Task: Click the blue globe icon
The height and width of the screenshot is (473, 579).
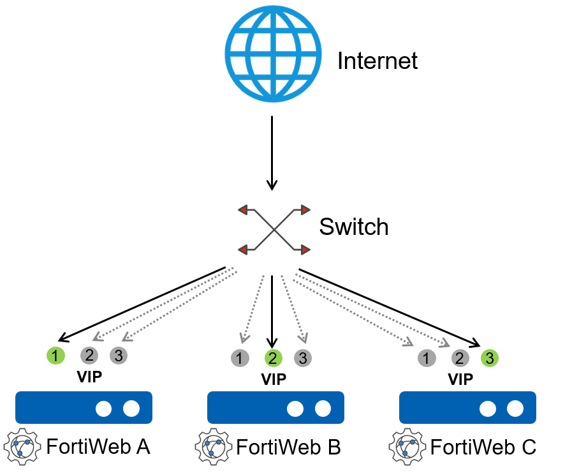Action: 273,54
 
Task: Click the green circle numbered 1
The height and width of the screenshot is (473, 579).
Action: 56,356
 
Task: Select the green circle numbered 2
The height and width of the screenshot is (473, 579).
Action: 273,358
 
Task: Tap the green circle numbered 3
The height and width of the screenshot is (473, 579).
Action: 490,358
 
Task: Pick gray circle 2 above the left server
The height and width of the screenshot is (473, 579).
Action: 89,356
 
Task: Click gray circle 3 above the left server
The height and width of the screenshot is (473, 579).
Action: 119,356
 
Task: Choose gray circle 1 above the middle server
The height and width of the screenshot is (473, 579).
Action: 240,358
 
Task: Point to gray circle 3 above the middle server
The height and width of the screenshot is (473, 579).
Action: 303,358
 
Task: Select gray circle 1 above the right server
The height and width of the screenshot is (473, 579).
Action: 427,358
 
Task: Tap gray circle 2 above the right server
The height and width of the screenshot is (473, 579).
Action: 459,358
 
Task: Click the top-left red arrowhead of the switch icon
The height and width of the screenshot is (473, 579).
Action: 243,210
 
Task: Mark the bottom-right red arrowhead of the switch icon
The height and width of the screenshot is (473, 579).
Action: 305,250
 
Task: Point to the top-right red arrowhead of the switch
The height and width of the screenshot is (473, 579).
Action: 305,210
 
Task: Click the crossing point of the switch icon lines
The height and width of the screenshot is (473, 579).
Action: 274,230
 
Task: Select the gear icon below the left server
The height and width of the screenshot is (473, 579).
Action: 22,446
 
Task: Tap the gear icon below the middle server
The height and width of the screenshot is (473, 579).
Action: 214,446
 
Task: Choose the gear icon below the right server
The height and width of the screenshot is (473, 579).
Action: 407,446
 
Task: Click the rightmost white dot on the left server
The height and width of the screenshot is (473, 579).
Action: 131,409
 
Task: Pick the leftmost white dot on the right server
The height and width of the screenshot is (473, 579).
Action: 488,409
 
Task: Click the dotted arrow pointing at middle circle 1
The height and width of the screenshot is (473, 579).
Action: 253,306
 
